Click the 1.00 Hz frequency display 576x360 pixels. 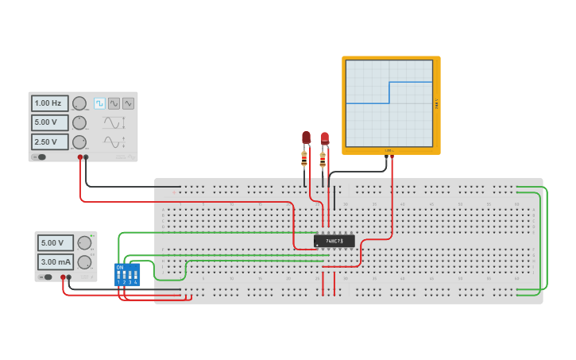49,103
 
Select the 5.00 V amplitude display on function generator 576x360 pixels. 49,122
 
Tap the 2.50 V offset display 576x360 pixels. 49,141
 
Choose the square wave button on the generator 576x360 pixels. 99,103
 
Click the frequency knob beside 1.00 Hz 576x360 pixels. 79,103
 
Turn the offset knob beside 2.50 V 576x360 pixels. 79,141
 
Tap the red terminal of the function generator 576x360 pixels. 80,157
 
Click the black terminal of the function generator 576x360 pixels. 87,157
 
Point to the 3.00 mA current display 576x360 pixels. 56,261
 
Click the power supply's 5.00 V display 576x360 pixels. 56,242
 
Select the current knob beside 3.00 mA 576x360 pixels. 84,261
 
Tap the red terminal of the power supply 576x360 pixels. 63,277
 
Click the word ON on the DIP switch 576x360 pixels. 120,267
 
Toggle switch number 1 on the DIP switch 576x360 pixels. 118,276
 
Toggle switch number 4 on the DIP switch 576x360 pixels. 136,276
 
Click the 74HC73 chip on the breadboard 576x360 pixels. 334,240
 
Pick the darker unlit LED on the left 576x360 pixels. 306,138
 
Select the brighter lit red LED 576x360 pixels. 324,138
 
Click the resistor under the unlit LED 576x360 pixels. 304,160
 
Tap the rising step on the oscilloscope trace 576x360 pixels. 389,92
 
